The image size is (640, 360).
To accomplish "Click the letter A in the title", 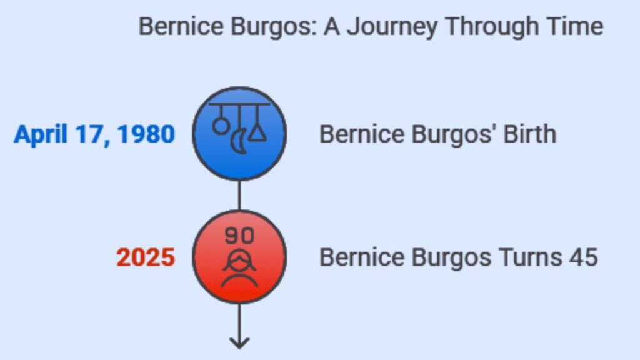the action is point(332,27).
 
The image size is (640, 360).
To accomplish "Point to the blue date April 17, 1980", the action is point(95,134).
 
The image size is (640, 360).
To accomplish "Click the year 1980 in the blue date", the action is point(146,134).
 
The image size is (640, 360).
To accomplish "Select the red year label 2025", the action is point(146,257).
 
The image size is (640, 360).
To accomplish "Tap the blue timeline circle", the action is point(239,134).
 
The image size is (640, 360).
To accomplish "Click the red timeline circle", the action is point(239,257).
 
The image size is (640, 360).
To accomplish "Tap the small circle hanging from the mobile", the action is point(221,126).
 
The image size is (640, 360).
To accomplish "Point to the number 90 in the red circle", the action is point(239,236).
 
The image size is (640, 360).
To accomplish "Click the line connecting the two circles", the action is point(239,196).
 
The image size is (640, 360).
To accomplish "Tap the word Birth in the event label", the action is point(530,134).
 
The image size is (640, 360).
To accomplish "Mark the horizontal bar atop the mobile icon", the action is point(239,104).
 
